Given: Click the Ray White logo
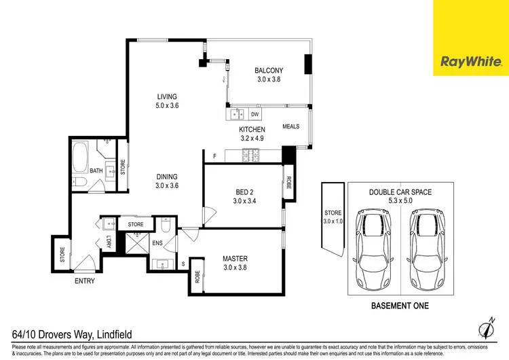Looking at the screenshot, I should point(471,62).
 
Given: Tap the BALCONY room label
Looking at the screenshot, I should point(268,75).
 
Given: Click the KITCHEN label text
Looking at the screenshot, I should point(251,134).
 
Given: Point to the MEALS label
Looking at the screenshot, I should point(291,126).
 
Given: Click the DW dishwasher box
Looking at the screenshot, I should point(255,113).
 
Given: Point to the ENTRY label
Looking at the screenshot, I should point(84,281).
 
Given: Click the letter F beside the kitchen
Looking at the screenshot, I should point(214,157).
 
